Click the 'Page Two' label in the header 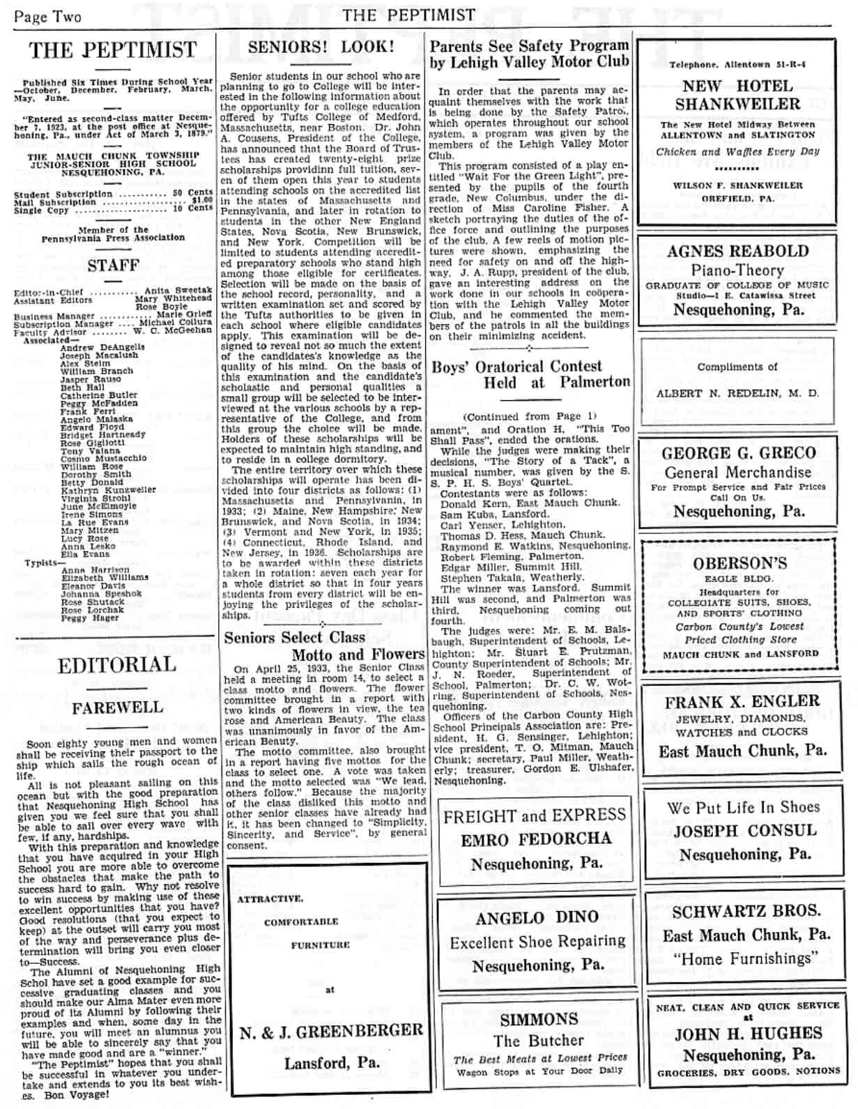47,16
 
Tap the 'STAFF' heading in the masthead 113,266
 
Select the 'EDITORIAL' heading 116,665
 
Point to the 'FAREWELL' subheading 117,708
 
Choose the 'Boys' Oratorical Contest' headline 516,367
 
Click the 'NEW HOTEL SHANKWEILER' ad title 737,95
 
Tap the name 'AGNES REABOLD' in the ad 737,251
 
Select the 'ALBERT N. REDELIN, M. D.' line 737,393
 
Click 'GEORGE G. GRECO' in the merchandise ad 738,453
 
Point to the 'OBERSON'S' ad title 740,563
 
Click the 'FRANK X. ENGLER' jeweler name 742,702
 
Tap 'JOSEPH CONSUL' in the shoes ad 741,831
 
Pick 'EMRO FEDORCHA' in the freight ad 535,839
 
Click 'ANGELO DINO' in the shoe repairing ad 537,917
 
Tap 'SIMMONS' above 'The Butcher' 539,1019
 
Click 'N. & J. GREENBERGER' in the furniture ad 331,1031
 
